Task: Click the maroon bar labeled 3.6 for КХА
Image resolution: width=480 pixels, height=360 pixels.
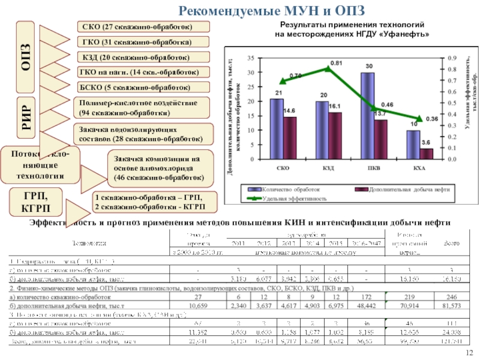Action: click(427, 154)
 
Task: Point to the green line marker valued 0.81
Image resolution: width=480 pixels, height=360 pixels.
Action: click(328, 68)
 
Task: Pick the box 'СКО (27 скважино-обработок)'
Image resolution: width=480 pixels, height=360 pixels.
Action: click(142, 26)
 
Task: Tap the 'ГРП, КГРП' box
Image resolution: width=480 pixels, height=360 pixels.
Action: click(35, 202)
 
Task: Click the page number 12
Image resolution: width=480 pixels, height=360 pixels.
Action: click(470, 352)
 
